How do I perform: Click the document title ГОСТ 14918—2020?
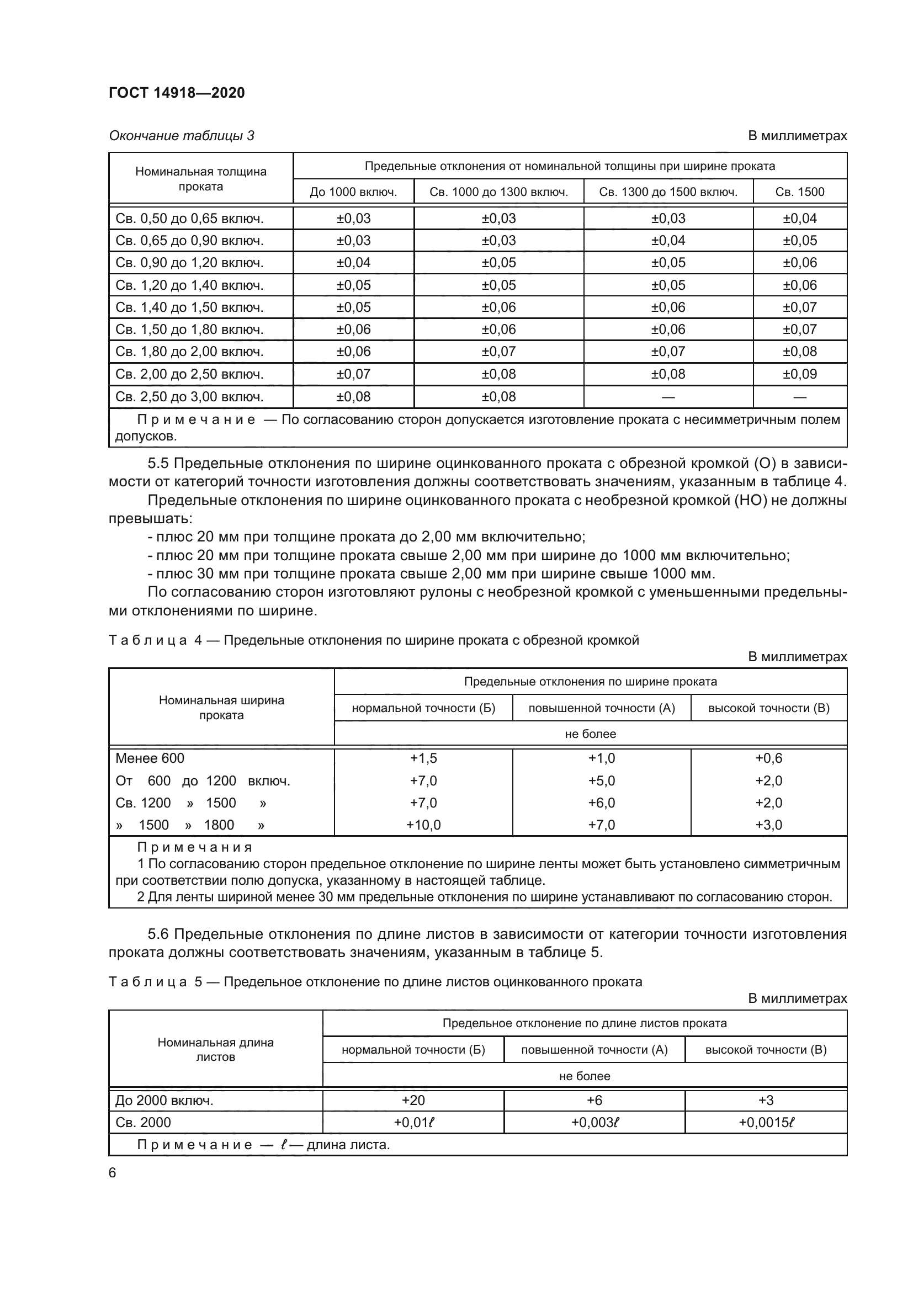tap(177, 93)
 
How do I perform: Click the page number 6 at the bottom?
tap(113, 1172)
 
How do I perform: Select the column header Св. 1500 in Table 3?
tap(799, 192)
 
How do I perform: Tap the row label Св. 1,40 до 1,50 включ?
tap(189, 307)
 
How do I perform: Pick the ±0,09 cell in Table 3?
tap(799, 374)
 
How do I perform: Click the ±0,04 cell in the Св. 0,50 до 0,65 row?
tap(799, 218)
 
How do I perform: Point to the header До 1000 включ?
tap(353, 192)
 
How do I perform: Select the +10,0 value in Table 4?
tap(423, 825)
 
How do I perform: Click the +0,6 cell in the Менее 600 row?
tap(768, 758)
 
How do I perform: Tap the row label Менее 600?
tap(150, 758)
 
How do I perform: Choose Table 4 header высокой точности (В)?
tap(768, 708)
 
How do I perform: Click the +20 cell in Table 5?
tap(413, 1100)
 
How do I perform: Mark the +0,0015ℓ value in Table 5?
tap(766, 1122)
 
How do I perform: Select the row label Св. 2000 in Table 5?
tap(144, 1122)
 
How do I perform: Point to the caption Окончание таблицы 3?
tap(182, 136)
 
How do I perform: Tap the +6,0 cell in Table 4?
tap(602, 803)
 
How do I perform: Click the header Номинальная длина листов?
tap(215, 1049)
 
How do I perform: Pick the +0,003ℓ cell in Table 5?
tap(595, 1122)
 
